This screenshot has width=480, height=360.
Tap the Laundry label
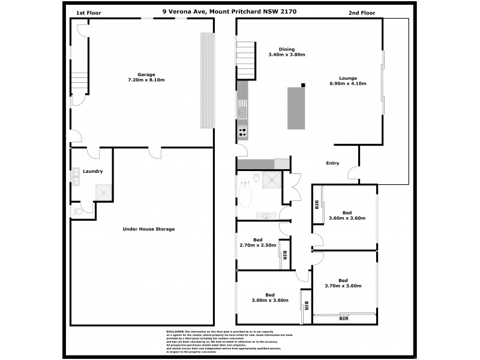92,171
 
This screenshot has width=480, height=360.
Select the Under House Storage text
148,229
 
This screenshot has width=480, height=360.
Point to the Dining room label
287,49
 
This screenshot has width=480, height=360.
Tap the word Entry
332,163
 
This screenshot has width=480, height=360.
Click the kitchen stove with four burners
243,133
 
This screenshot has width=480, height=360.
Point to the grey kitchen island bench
295,108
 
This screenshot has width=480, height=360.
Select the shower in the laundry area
103,192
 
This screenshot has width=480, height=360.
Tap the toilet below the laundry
76,211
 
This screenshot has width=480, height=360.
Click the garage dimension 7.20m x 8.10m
146,80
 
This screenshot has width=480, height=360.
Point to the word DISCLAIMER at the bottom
175,331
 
